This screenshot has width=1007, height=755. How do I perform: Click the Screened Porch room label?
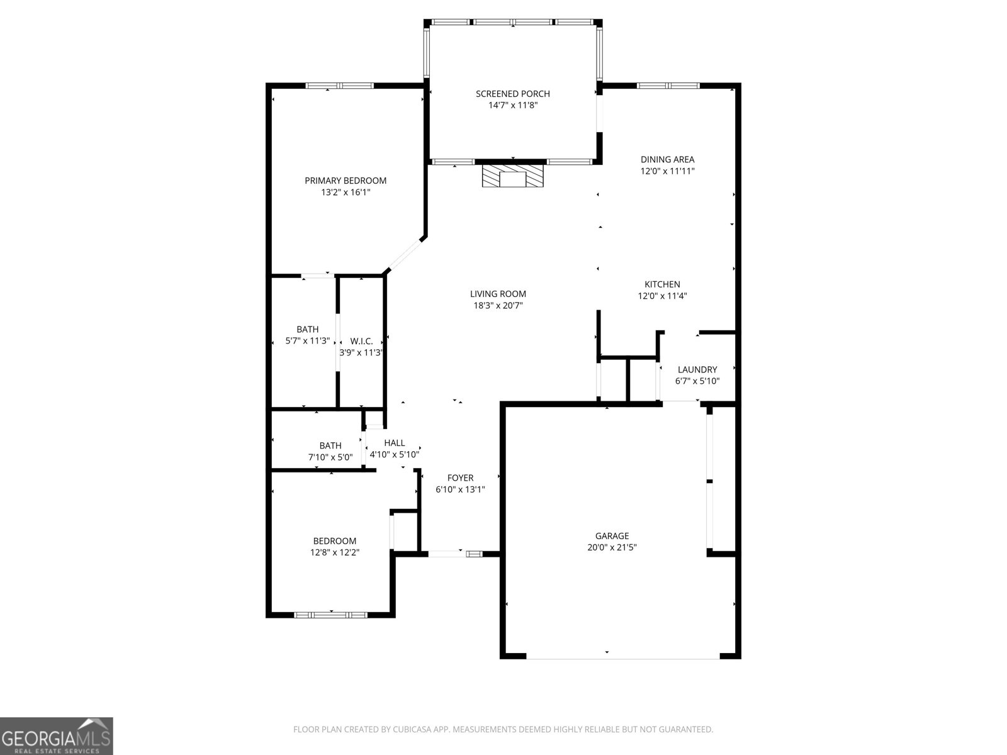[x=512, y=94]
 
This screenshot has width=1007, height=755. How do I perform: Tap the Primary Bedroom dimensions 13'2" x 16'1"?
[x=346, y=192]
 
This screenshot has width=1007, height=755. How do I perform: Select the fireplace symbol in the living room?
[x=512, y=176]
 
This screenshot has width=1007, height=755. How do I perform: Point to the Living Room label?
[x=498, y=294]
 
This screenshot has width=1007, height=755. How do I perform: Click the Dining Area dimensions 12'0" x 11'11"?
[x=668, y=171]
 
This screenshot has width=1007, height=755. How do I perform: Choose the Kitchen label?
[x=662, y=284]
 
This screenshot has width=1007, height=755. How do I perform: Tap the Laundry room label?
[x=697, y=369]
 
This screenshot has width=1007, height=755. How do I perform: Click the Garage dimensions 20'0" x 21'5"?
[x=612, y=547]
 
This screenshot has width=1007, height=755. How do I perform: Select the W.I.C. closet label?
[x=361, y=341]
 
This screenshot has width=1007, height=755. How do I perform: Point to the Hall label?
[x=395, y=443]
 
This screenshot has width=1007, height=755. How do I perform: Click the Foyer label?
[x=460, y=478]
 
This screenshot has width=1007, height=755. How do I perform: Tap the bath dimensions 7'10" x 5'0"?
[x=330, y=457]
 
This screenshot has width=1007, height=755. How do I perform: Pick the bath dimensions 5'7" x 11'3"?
[x=307, y=340]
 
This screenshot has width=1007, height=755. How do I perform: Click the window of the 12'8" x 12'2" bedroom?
[x=330, y=615]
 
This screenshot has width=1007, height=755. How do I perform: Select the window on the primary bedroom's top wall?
[x=339, y=86]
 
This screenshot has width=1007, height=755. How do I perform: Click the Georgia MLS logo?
[x=57, y=736]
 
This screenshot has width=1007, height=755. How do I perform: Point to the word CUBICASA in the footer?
[x=412, y=729]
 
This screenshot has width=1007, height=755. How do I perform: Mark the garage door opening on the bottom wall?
[x=623, y=659]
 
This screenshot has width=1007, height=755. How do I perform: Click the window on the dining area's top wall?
[x=668, y=86]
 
